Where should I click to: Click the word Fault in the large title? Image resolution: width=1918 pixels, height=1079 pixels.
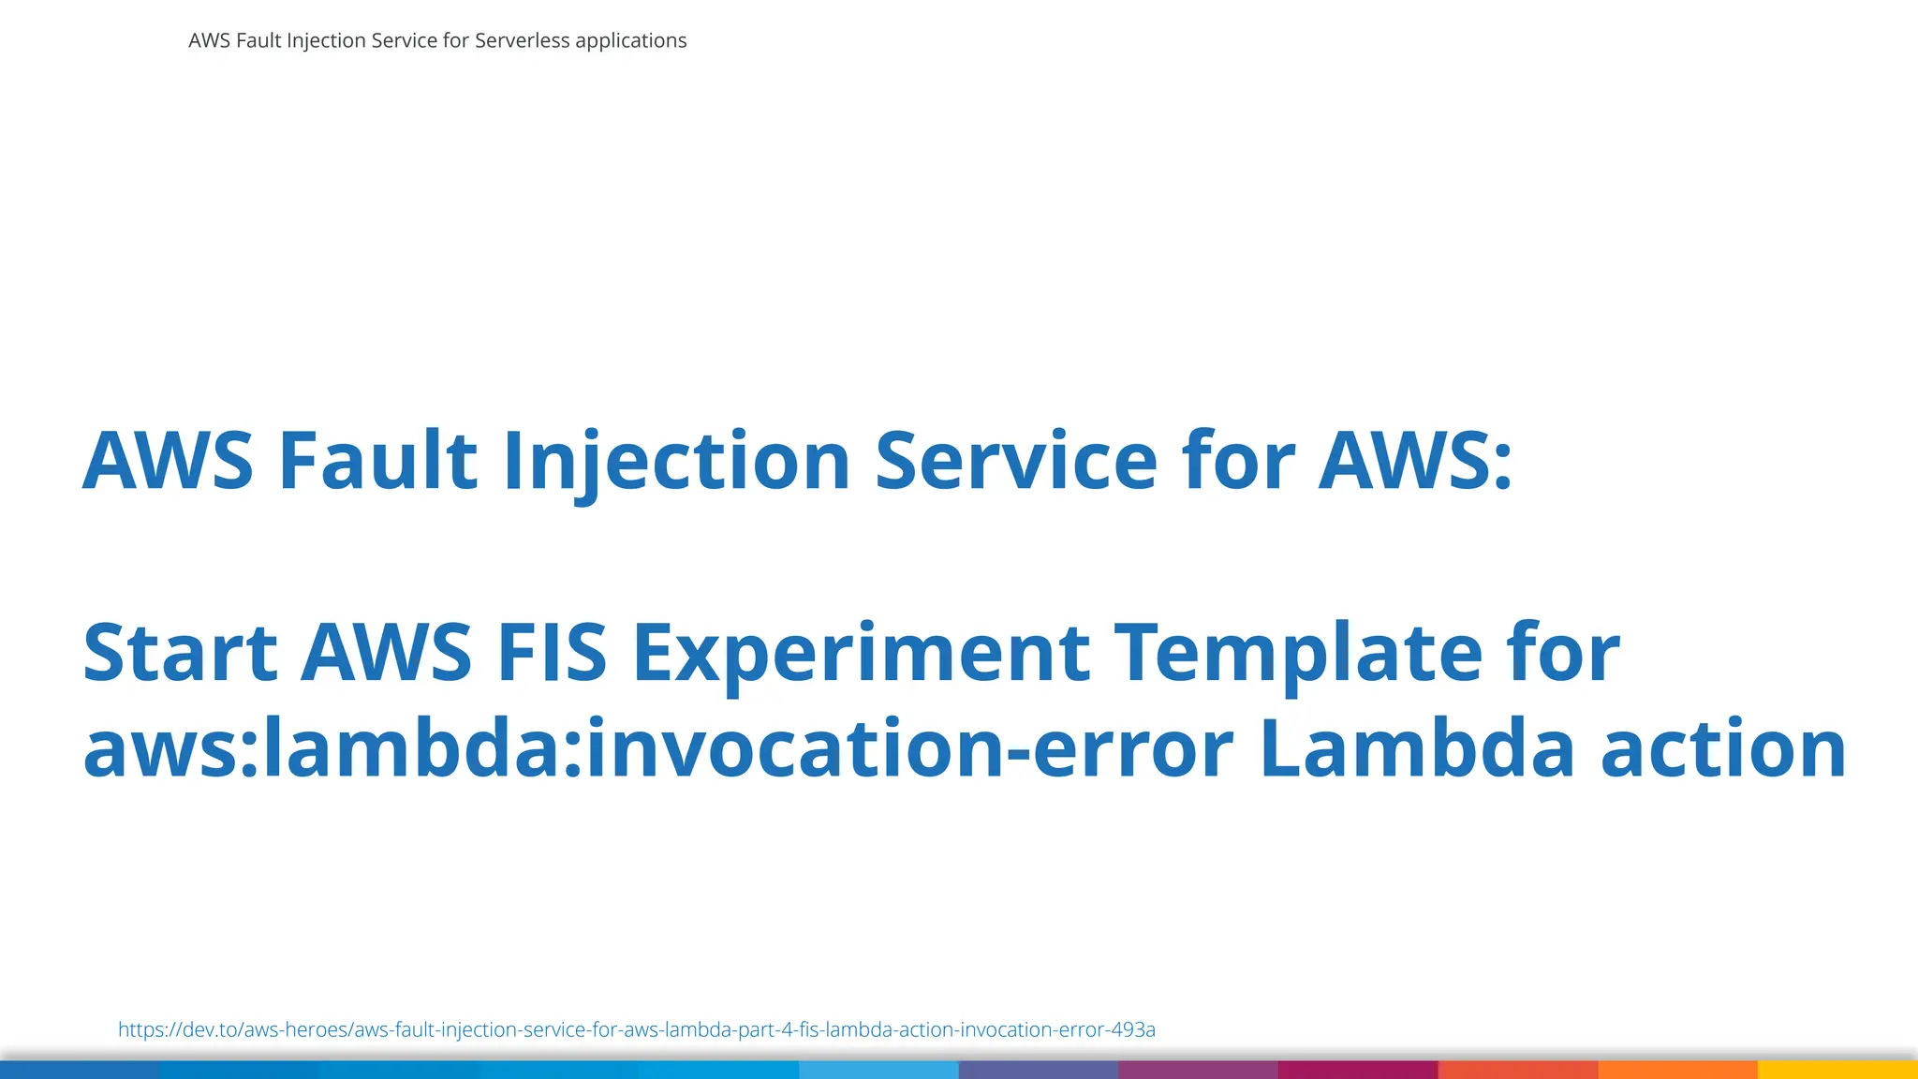[377, 460]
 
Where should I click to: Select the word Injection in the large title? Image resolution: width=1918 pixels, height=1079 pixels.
[676, 460]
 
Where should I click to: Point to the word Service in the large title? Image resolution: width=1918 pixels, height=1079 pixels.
[1015, 460]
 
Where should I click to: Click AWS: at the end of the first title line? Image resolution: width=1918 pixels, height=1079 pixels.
[1415, 460]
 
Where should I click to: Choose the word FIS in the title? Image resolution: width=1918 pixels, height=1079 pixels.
[552, 652]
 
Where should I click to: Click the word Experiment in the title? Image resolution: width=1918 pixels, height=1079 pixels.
[861, 652]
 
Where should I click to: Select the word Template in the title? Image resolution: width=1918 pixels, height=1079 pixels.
[1298, 652]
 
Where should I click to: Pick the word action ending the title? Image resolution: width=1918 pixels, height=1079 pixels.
[1723, 748]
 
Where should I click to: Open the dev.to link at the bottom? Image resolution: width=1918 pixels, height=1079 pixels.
[636, 1029]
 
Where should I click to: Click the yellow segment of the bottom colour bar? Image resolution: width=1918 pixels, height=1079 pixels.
[1837, 1070]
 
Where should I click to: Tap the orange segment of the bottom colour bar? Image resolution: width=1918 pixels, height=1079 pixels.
[1677, 1070]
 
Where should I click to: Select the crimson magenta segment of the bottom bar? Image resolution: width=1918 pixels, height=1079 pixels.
[1358, 1070]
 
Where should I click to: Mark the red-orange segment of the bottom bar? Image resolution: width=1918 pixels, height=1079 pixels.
[1518, 1070]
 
